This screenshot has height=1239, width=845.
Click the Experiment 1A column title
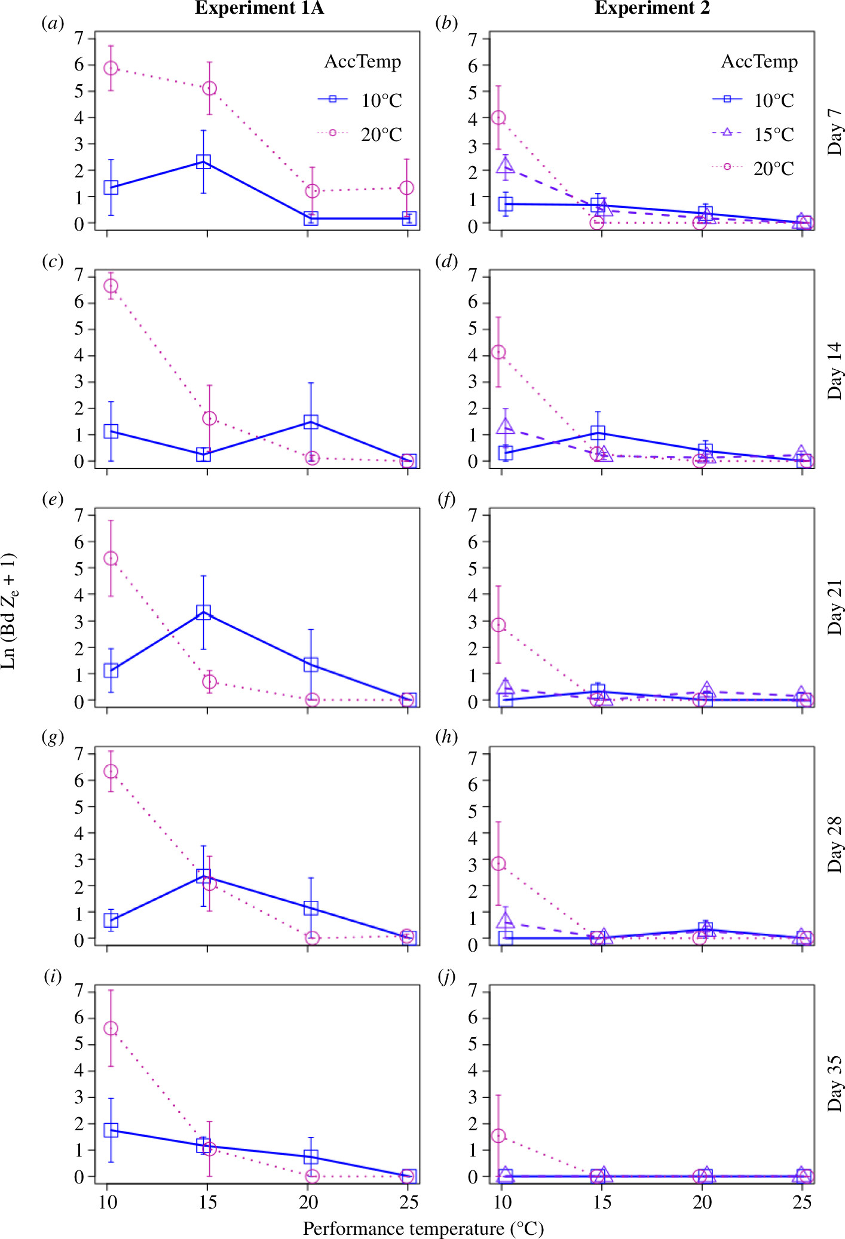point(259,8)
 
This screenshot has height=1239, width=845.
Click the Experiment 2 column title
point(652,8)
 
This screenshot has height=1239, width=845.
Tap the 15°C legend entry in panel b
point(773,134)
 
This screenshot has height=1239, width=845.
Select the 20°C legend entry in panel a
point(381,134)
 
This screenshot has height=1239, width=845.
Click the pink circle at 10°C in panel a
point(111,68)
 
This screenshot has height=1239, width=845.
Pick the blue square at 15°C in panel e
point(203,612)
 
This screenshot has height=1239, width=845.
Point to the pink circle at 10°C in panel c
point(111,286)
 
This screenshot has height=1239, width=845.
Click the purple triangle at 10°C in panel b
point(506,165)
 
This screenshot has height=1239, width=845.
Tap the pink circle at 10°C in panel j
point(498,1136)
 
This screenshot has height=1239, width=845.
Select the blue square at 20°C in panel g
point(311,909)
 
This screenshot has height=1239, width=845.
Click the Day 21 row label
point(834,607)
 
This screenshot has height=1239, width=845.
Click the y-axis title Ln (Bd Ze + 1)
point(10,611)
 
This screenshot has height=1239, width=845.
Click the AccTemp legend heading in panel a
point(362,62)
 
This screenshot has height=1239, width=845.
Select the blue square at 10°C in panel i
point(111,1130)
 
